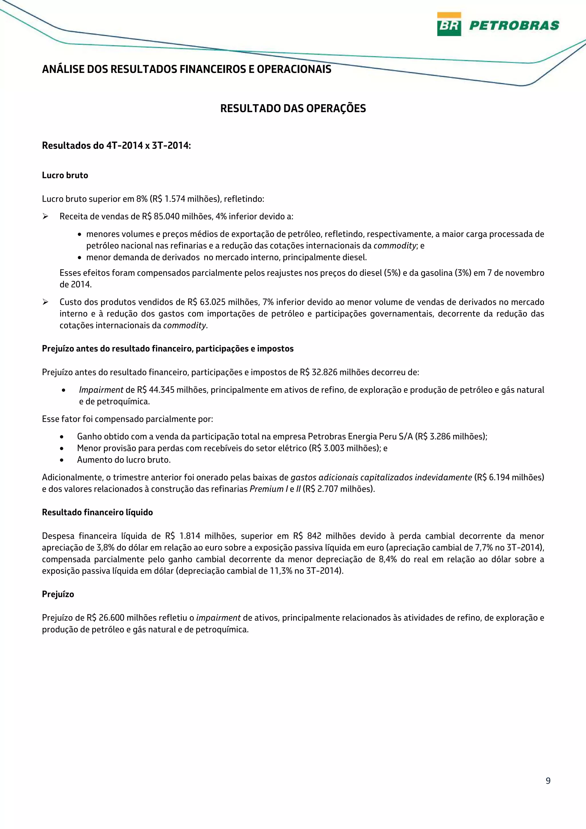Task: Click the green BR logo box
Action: tap(449, 24)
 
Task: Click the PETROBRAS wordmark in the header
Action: tap(514, 25)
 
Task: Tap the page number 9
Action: tap(548, 781)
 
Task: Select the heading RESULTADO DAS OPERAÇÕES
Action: tap(293, 108)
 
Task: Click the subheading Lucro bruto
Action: tap(65, 175)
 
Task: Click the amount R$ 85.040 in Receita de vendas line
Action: tap(161, 217)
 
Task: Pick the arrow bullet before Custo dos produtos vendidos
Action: tap(45, 302)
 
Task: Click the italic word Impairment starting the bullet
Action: tap(101, 390)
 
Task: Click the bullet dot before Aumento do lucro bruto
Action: tap(62, 460)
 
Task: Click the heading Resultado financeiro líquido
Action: tap(97, 513)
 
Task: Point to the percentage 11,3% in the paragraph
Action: tap(281, 571)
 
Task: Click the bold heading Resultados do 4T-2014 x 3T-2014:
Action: tap(116, 146)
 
